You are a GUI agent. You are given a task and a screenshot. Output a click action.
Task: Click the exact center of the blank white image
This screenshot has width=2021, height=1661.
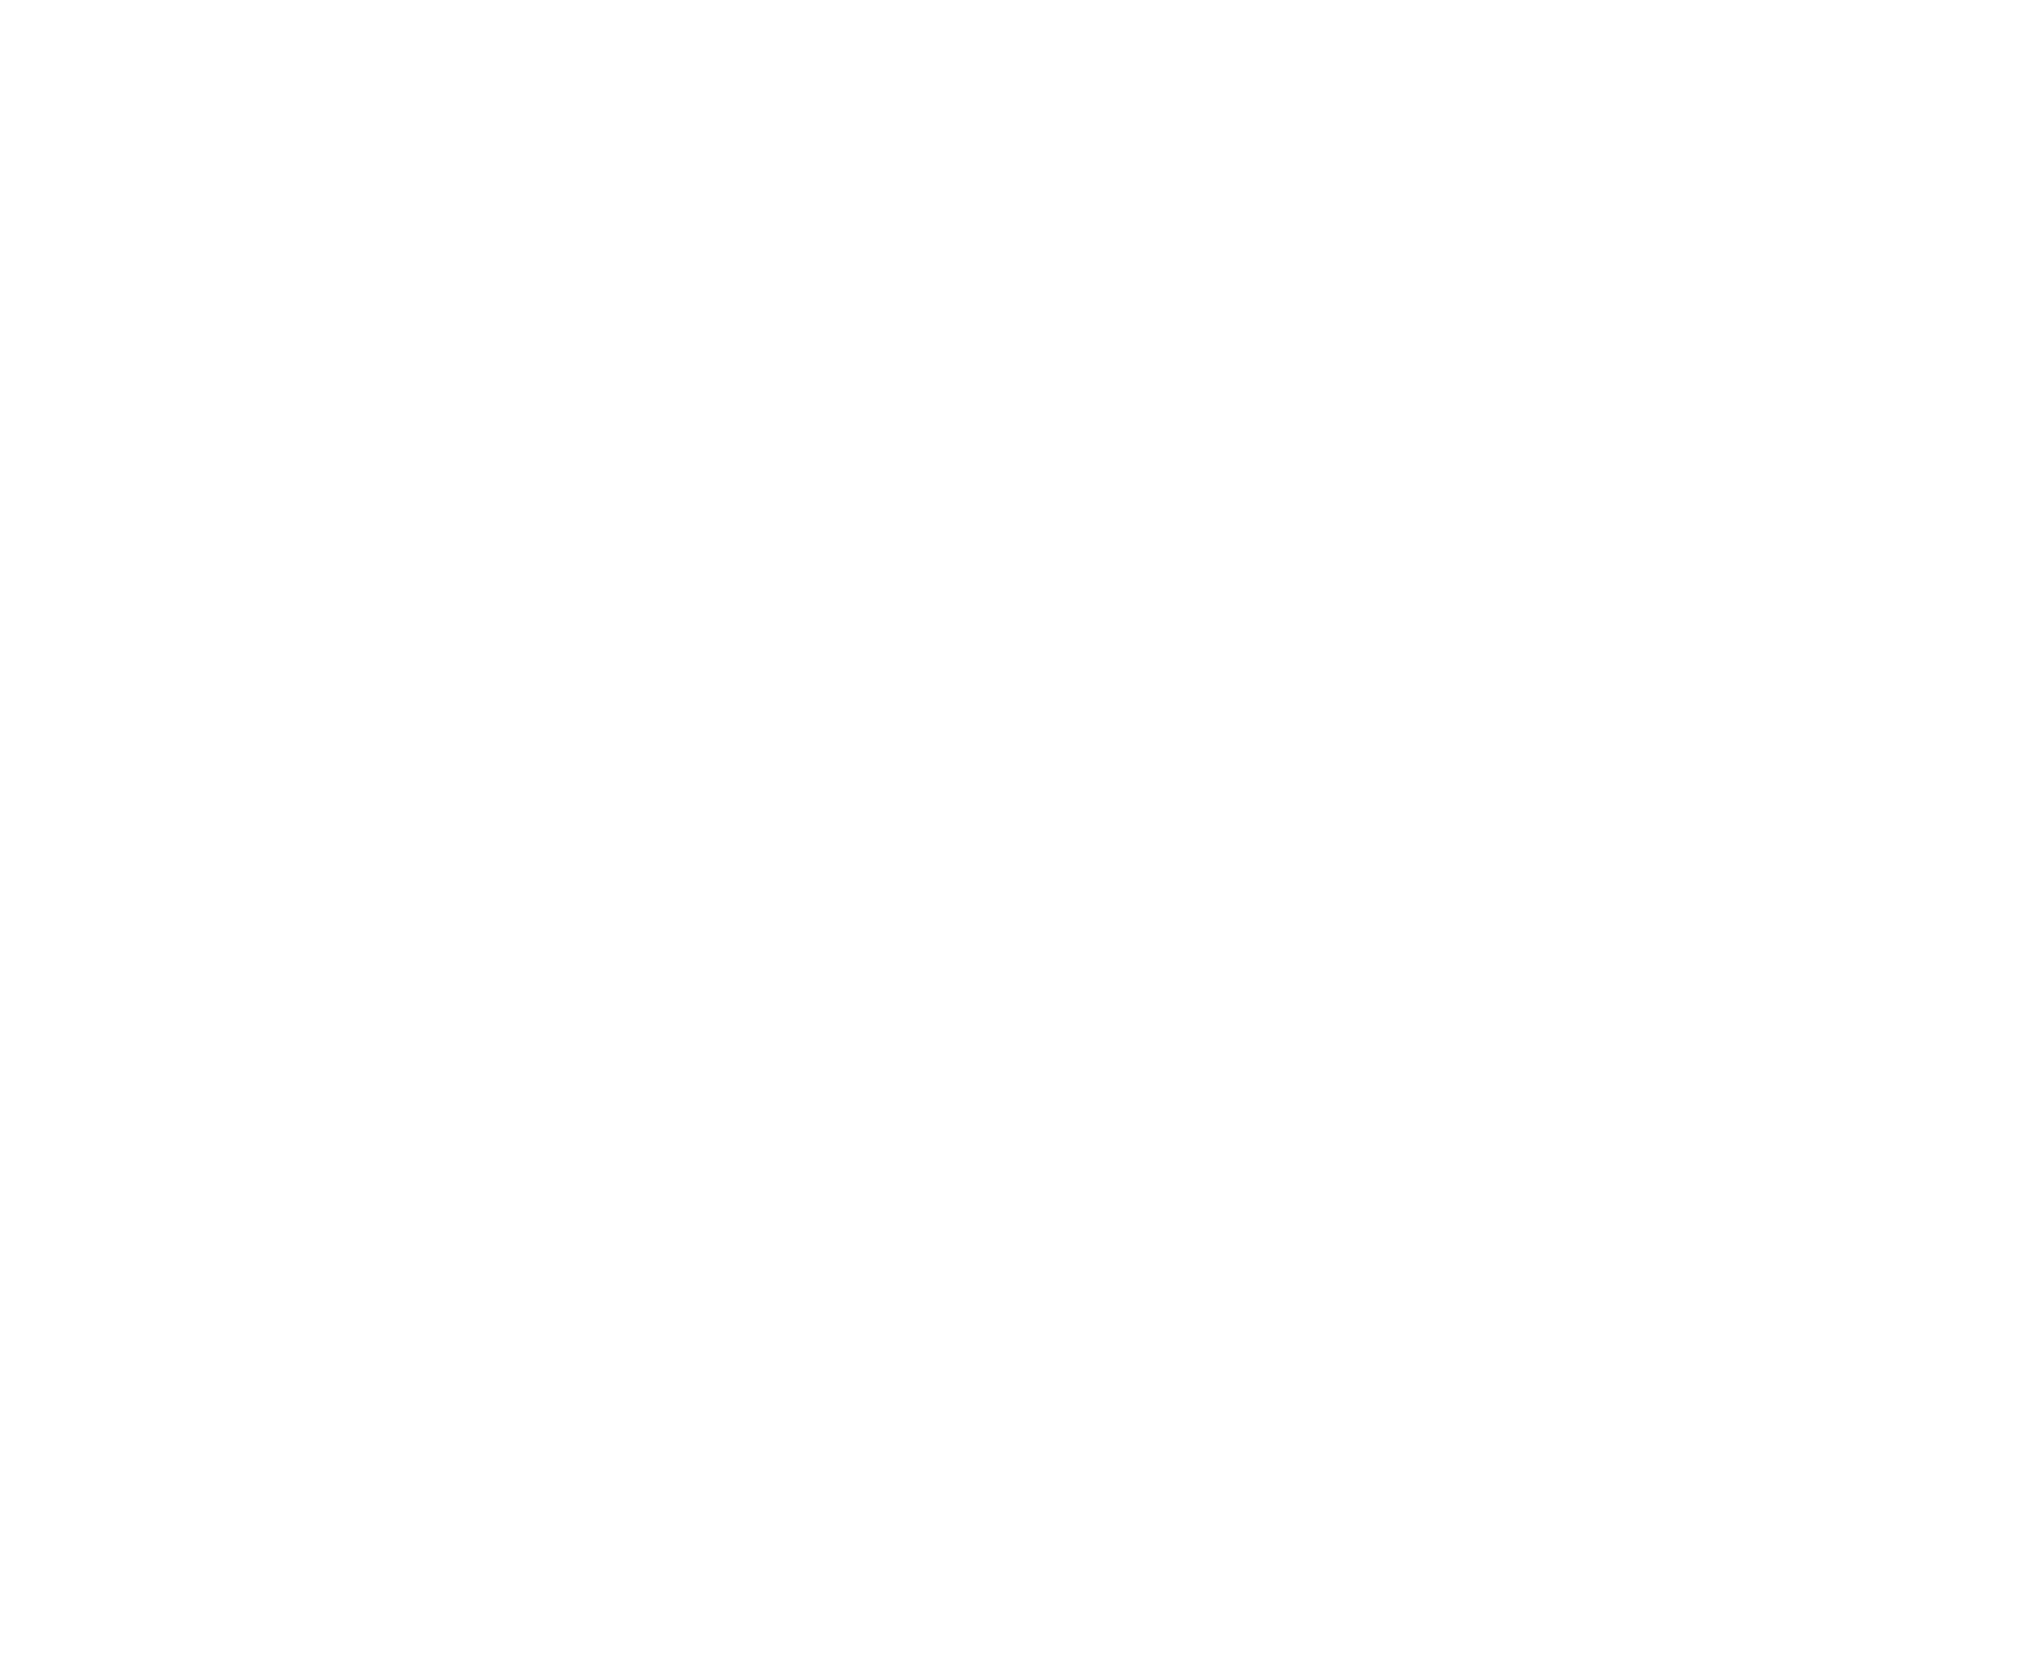1010,830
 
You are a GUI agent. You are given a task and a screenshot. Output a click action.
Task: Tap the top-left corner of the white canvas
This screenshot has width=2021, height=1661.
0,0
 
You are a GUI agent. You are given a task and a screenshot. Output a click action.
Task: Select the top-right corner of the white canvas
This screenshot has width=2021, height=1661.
2020,0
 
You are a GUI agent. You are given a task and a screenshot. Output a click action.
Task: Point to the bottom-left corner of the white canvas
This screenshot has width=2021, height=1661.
0,1660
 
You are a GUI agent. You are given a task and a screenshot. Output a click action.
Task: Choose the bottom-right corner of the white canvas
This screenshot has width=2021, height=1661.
2020,1660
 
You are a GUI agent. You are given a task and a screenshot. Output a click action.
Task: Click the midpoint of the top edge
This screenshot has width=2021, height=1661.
1010,0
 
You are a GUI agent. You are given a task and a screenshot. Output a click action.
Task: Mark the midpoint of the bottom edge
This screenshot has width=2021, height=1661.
1010,1660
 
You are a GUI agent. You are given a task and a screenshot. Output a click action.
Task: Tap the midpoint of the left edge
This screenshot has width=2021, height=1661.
0,830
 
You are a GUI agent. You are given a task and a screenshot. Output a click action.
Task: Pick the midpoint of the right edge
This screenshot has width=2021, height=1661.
2020,830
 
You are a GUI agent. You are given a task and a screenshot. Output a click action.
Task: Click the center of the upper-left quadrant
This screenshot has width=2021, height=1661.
505,415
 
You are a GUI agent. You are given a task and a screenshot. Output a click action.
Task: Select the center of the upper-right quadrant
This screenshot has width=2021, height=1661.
1516,415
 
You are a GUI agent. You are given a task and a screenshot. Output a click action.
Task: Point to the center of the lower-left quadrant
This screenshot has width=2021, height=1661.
505,1246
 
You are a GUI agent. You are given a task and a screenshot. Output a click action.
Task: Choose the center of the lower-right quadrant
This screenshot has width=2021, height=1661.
1516,1246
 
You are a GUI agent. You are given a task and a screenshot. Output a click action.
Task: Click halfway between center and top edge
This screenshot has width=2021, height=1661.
1010,415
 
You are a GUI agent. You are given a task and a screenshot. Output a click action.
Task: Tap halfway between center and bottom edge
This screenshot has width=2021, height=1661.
1010,1246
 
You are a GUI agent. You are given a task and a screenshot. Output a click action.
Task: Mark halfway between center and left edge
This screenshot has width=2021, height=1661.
505,830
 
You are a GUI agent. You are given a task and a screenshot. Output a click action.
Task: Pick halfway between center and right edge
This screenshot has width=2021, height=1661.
1516,830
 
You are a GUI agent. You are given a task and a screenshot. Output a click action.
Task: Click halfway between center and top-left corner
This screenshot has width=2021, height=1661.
505,415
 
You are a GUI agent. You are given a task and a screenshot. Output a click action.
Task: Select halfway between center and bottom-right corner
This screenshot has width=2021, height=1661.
1516,1246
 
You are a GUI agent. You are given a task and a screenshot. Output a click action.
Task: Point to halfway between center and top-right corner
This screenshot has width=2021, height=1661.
1516,415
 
